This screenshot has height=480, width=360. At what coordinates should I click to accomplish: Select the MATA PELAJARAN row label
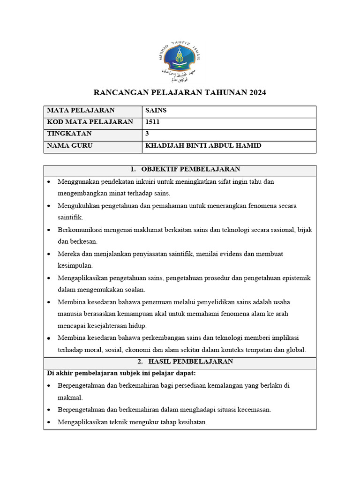click(x=81, y=111)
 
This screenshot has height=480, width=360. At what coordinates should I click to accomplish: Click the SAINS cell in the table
click(x=156, y=111)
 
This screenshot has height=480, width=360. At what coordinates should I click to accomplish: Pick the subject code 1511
click(x=152, y=122)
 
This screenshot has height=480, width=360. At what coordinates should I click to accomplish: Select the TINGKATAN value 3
click(x=147, y=134)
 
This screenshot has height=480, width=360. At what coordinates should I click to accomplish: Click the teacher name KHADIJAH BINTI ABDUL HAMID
click(x=203, y=146)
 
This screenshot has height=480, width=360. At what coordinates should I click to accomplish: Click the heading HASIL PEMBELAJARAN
click(x=190, y=362)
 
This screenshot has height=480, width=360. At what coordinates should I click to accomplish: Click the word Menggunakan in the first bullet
click(x=78, y=181)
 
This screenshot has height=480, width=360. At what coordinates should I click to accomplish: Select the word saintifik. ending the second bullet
click(x=70, y=217)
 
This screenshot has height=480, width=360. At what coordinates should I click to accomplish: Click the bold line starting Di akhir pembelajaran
click(x=121, y=374)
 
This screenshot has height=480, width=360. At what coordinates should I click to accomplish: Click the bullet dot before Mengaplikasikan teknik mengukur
click(x=50, y=422)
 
